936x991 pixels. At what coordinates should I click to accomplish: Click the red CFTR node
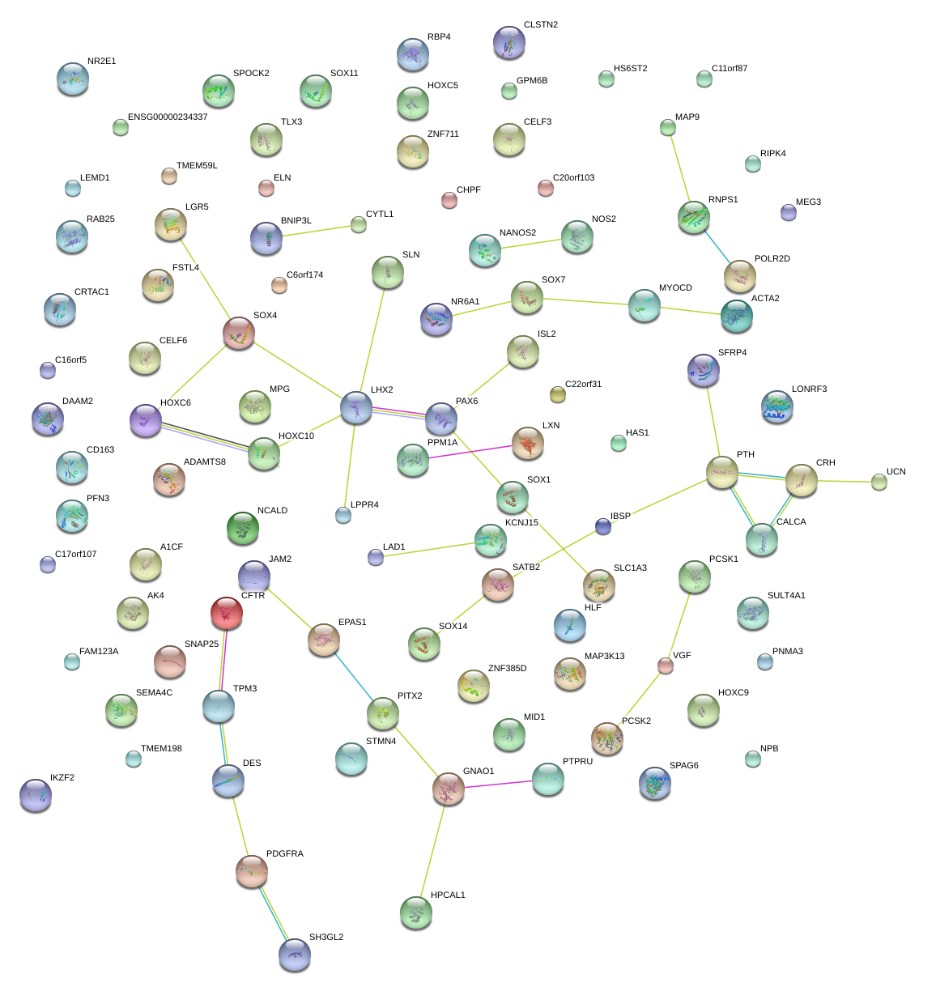point(226,613)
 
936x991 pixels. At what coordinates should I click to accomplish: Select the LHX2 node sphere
point(356,407)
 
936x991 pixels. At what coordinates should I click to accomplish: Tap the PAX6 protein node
point(440,419)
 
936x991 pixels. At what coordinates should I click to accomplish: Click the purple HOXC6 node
point(146,421)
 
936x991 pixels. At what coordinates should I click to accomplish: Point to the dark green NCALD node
point(243,528)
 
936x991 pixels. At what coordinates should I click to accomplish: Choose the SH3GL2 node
point(294,955)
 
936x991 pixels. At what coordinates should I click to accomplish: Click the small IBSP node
point(602,527)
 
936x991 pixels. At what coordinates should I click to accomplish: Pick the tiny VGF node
point(666,666)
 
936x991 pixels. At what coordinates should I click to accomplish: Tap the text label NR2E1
point(101,62)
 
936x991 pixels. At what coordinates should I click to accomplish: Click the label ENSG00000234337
point(168,117)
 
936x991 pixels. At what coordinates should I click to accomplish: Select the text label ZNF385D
point(507,669)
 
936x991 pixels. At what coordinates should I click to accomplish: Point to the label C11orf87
point(730,69)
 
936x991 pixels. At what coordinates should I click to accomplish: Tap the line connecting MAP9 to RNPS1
point(679,169)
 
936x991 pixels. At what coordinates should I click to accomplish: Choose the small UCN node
point(879,483)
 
